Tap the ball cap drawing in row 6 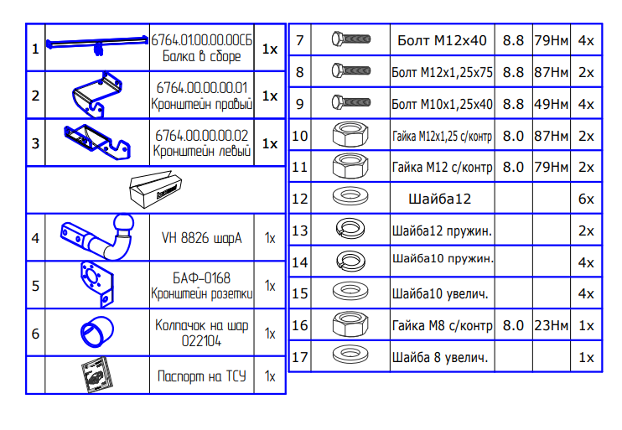click(96, 332)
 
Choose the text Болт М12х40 click(442, 40)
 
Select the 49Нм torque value click(551, 104)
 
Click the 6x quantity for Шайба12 click(585, 199)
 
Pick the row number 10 click(300, 136)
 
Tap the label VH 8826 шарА click(201, 238)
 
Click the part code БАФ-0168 click(201, 277)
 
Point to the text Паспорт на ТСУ click(201, 376)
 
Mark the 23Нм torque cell click(551, 325)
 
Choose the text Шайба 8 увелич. click(440, 357)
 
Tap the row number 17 click(300, 357)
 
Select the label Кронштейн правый click(201, 106)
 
